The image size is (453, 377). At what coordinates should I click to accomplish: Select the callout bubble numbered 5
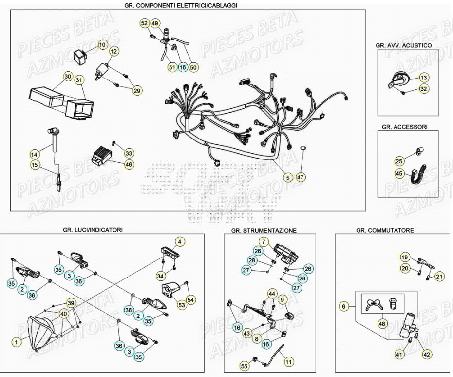click(288, 178)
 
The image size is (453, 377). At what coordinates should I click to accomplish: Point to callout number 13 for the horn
click(423, 78)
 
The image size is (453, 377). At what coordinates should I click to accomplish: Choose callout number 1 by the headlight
click(16, 342)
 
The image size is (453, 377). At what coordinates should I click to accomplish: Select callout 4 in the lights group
click(180, 241)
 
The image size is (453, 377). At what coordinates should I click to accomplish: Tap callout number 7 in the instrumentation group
click(264, 241)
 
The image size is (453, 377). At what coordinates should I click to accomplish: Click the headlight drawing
click(46, 332)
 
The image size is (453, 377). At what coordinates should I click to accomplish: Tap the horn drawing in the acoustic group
click(397, 78)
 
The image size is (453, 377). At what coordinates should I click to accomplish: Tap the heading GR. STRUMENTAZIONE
click(264, 230)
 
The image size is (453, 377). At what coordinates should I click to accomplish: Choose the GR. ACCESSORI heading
click(405, 127)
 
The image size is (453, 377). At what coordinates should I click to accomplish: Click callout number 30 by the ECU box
click(68, 77)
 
